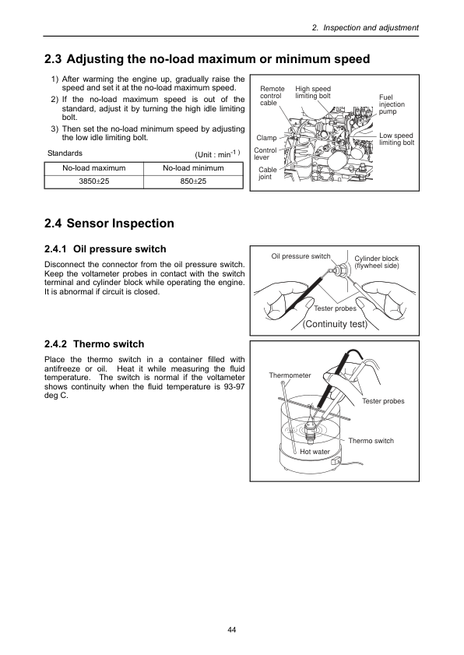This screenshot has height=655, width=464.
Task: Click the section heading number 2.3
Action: point(53,59)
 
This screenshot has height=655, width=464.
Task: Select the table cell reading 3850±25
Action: point(94,181)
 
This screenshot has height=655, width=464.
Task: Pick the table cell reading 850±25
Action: point(193,181)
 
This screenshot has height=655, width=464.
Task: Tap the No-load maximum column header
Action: point(94,168)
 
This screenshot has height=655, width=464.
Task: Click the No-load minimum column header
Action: point(193,168)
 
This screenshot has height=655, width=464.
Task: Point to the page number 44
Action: point(232,630)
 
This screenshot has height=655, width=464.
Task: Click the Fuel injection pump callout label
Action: point(392,104)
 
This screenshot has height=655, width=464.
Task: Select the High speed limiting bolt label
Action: point(313,93)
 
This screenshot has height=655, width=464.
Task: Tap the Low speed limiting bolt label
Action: point(397,139)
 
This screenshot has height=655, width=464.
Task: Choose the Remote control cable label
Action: point(272,96)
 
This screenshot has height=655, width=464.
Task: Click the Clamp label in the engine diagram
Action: point(266,138)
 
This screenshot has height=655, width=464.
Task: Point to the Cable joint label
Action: point(267,174)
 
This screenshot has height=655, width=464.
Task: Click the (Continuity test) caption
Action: point(335,324)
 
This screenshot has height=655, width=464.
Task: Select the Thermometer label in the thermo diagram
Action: point(290,375)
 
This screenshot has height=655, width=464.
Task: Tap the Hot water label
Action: point(315,452)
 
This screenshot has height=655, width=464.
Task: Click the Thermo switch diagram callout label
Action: point(371,441)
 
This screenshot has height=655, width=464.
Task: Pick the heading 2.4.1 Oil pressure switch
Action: point(105,249)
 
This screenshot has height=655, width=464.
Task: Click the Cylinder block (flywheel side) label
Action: point(377,262)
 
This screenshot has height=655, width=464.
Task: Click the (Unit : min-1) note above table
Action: point(217,153)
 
